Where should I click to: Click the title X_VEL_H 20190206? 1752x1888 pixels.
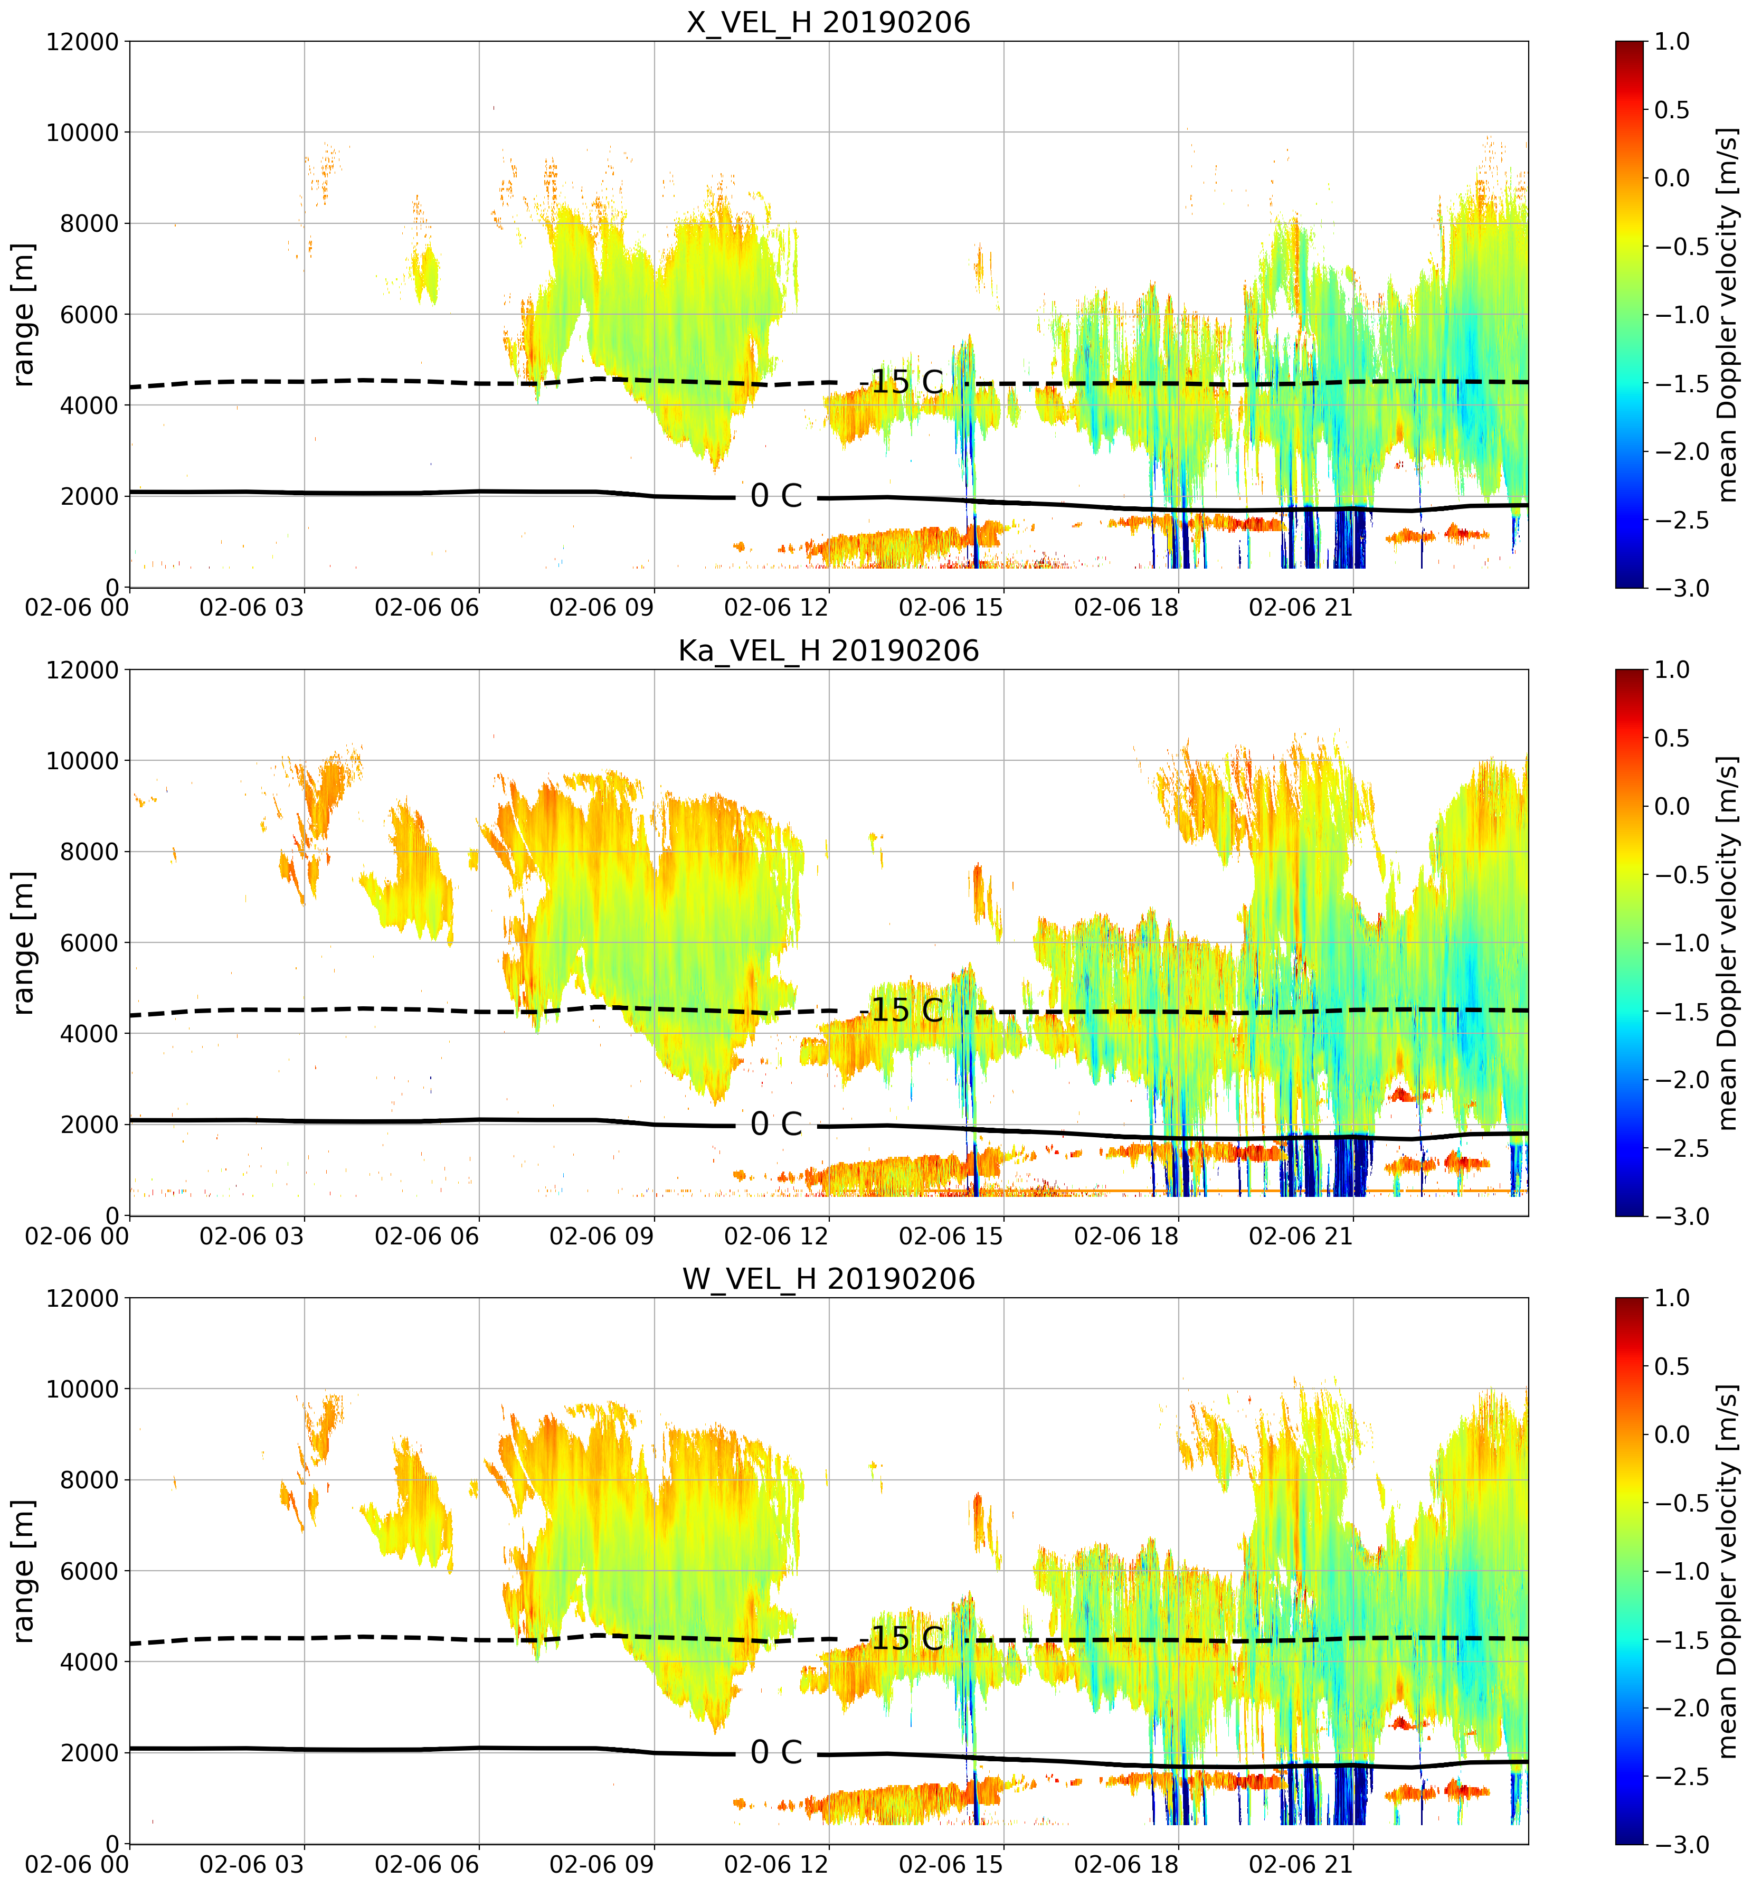[x=829, y=22]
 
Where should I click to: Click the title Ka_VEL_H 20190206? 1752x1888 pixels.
[x=829, y=650]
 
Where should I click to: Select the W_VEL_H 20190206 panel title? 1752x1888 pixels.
[x=829, y=1279]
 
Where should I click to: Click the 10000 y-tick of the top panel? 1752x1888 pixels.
[x=82, y=133]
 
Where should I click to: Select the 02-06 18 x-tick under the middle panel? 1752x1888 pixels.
[x=1126, y=1236]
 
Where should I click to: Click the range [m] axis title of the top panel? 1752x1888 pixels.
[x=23, y=315]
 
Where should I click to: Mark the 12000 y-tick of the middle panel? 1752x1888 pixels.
[x=82, y=671]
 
